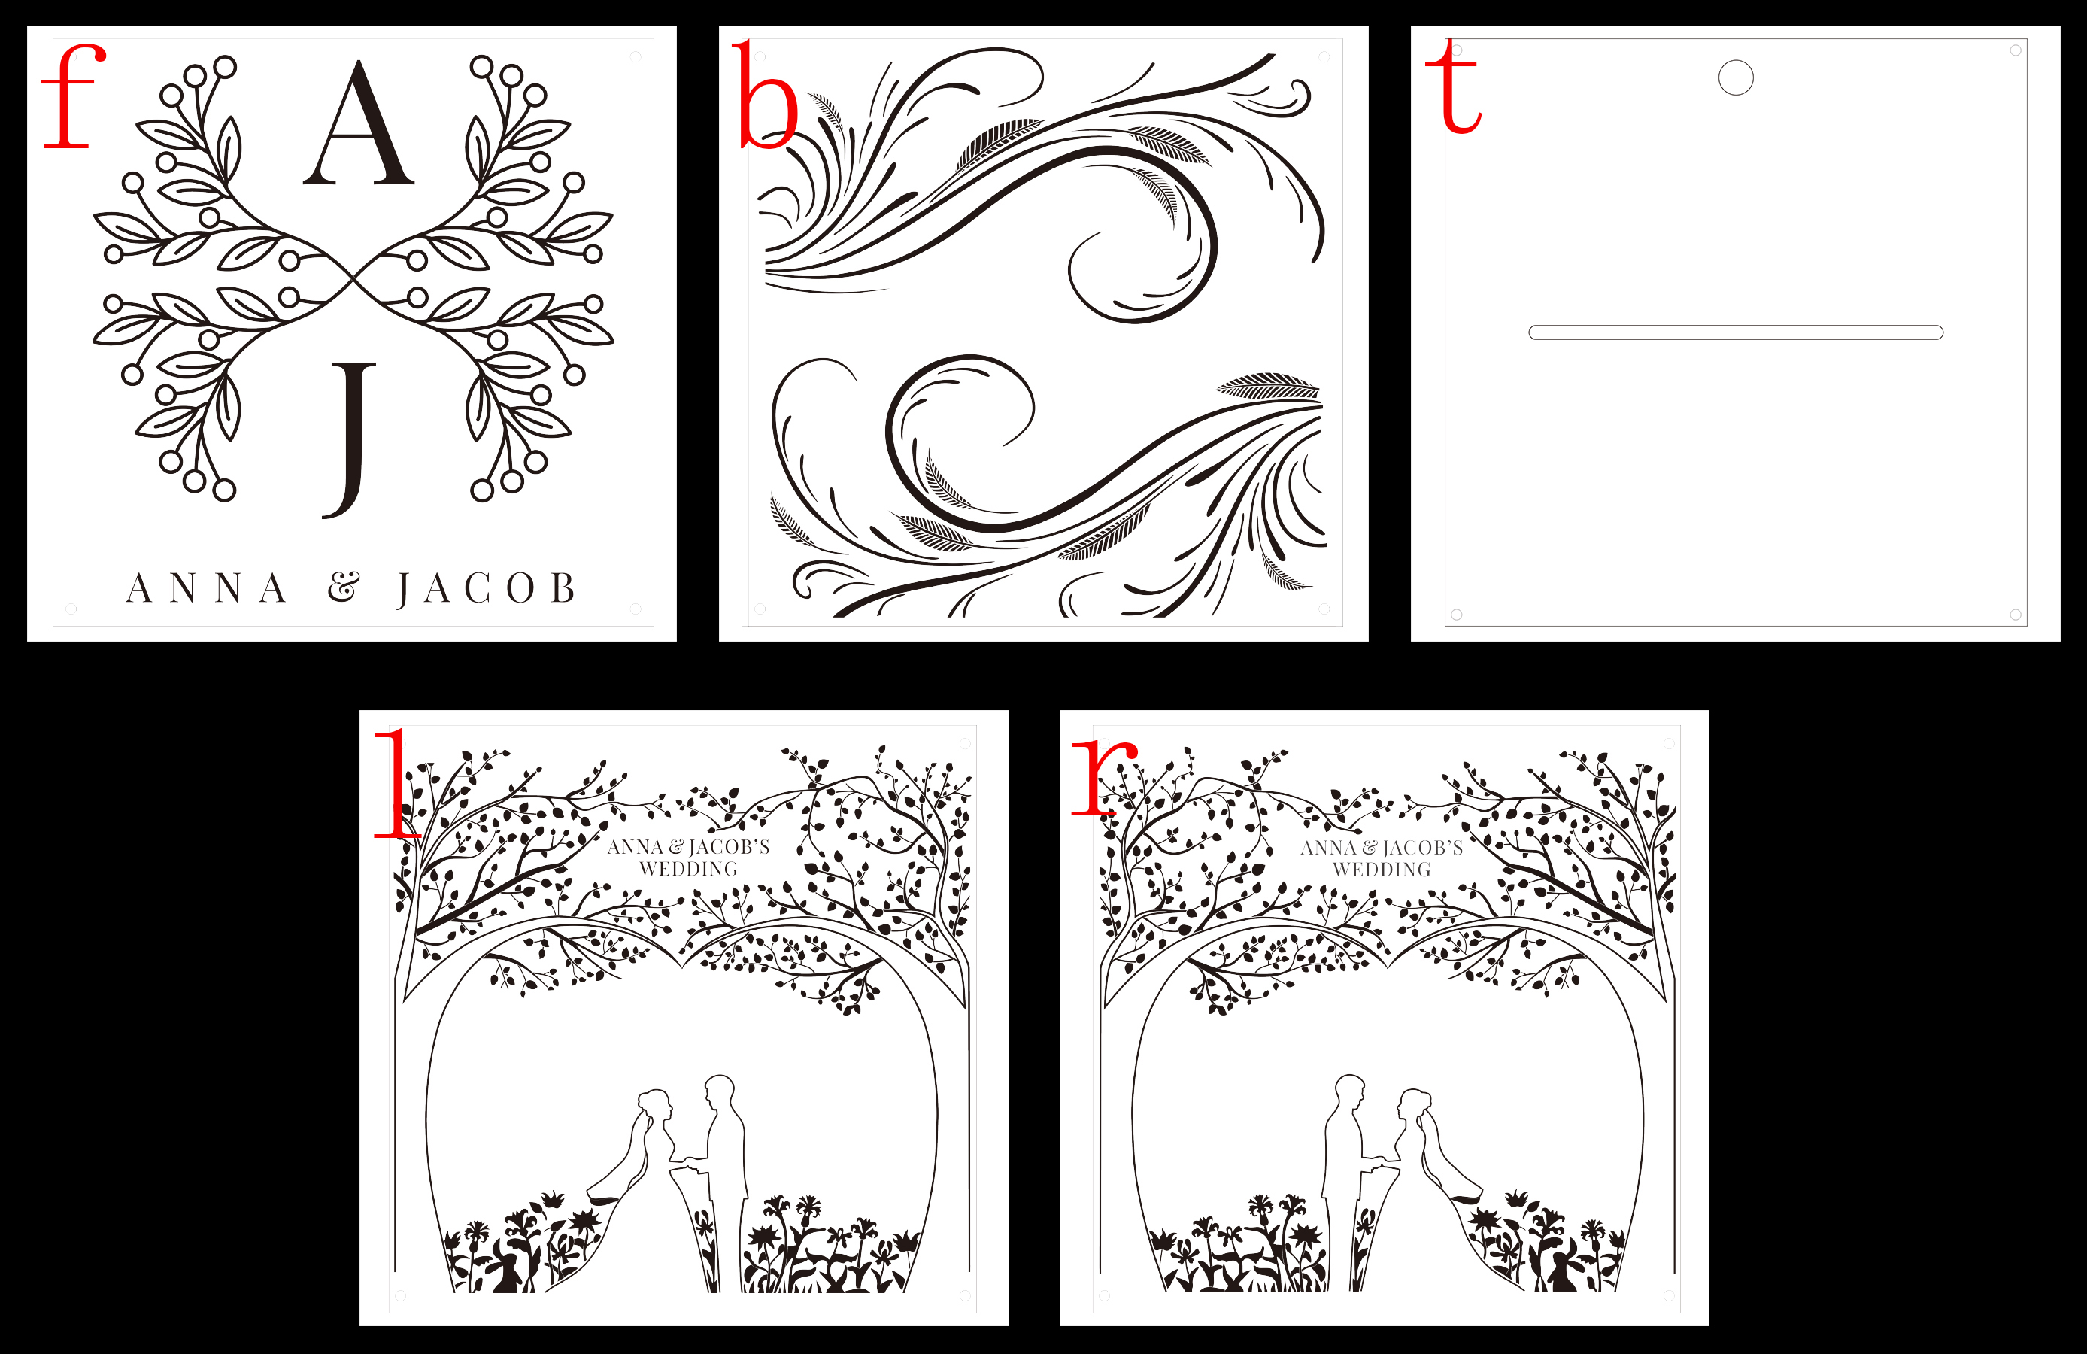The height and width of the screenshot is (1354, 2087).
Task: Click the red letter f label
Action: (x=73, y=96)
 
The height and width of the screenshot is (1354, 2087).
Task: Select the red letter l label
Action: (x=396, y=782)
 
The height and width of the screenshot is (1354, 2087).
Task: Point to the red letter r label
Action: (x=1104, y=777)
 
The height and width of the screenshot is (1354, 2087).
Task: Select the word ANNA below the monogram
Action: (x=207, y=588)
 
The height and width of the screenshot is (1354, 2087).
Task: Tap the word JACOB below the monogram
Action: (x=487, y=589)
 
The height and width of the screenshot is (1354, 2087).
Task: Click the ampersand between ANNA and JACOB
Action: (x=344, y=587)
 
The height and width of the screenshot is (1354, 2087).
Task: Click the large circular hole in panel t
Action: (x=1735, y=77)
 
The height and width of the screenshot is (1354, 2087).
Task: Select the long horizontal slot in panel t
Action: (x=1735, y=332)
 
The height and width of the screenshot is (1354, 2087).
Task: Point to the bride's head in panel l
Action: (x=654, y=1104)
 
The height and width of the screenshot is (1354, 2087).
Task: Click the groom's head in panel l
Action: (x=719, y=1090)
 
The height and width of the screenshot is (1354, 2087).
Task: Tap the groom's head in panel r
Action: (x=1351, y=1090)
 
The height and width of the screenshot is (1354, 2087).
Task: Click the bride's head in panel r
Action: (x=1415, y=1104)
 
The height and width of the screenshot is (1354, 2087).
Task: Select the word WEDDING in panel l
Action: (x=688, y=869)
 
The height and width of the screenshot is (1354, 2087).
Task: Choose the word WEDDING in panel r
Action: (x=1382, y=870)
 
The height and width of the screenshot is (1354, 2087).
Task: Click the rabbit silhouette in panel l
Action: (x=506, y=1274)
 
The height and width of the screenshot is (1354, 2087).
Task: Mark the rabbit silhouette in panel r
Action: (x=1563, y=1274)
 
